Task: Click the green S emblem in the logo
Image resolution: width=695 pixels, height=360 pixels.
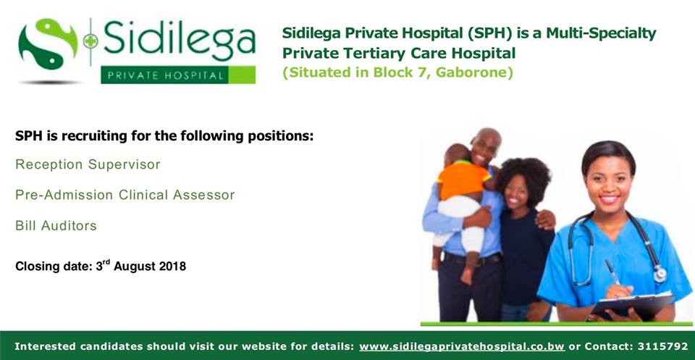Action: coord(48,43)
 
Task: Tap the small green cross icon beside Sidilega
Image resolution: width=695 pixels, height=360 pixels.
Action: coord(90,41)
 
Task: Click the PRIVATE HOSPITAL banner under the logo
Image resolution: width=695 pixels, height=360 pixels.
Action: coord(178,75)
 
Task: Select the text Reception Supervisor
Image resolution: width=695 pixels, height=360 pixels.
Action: coord(88,164)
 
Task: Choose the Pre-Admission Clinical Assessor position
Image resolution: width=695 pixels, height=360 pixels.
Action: coord(125,195)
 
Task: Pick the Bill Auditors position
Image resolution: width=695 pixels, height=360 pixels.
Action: coord(56,226)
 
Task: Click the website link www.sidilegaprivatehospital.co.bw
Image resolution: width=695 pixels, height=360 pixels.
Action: coord(462,346)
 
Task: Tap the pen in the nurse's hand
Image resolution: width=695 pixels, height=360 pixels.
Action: coord(613,272)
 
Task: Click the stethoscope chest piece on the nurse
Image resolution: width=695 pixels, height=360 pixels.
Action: coord(660,274)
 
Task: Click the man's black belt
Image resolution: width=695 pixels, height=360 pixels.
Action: coord(471,259)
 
